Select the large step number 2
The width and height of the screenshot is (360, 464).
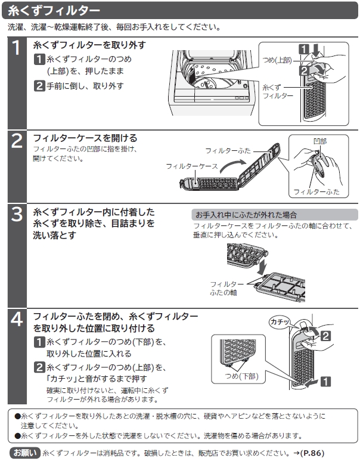pos(17,141)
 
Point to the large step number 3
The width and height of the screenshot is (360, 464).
pos(17,214)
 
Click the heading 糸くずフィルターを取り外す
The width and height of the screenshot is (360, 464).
pos(89,45)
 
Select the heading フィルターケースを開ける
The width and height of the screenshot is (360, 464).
pos(85,138)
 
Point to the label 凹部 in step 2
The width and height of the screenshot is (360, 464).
pos(320,141)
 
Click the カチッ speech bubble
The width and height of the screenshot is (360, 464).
pos(280,321)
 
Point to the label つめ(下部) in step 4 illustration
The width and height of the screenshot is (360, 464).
pos(240,376)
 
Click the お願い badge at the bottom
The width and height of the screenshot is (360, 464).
pos(24,453)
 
